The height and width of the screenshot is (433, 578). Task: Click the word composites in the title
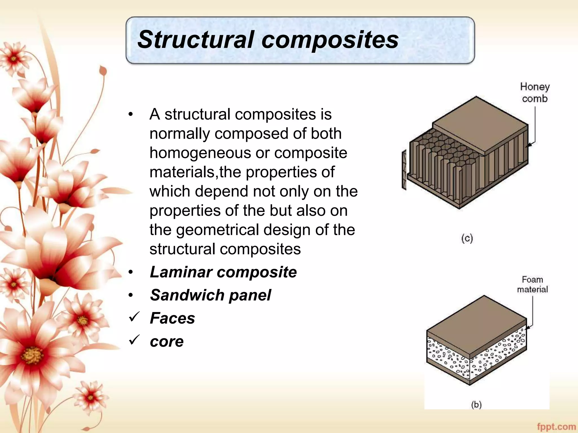330,40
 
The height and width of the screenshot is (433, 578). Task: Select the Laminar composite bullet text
223,272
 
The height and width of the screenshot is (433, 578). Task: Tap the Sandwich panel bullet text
210,295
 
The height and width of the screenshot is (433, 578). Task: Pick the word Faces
172,318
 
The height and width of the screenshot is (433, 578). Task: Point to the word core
167,342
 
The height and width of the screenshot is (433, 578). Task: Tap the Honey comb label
535,92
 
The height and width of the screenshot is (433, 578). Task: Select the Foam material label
532,284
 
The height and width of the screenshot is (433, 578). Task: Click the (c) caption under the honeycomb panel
467,238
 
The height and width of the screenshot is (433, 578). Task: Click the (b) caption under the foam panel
476,405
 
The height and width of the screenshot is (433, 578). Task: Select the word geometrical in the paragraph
217,230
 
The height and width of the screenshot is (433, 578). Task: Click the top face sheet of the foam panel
477,324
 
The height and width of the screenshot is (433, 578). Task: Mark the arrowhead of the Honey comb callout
529,145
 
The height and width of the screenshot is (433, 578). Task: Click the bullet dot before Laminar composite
130,272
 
